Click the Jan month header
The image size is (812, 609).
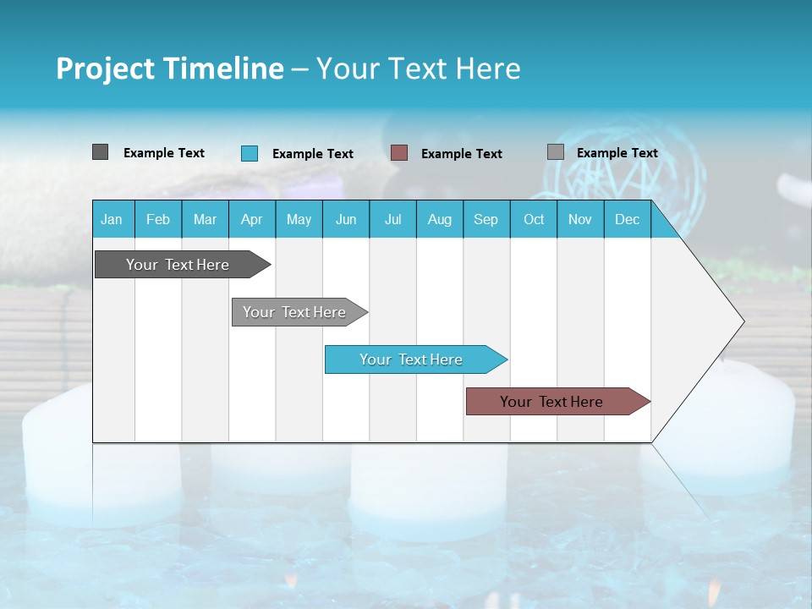pyautogui.click(x=112, y=219)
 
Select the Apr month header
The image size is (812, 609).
pyautogui.click(x=251, y=219)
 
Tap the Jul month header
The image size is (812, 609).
pyautogui.click(x=392, y=219)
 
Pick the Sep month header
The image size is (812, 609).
pyautogui.click(x=486, y=219)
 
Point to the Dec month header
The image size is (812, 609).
pyautogui.click(x=627, y=219)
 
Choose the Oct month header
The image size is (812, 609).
pyautogui.click(x=534, y=219)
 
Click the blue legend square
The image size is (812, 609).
pyautogui.click(x=250, y=153)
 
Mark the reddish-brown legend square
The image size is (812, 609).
pyautogui.click(x=399, y=153)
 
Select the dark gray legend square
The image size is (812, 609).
pyautogui.click(x=100, y=152)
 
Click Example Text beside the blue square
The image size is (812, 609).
pyautogui.click(x=313, y=154)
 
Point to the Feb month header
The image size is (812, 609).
pyautogui.click(x=158, y=219)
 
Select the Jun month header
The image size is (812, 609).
pyautogui.click(x=346, y=219)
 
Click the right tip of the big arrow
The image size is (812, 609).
pyautogui.click(x=742, y=321)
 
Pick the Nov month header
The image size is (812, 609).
pyautogui.click(x=580, y=219)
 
